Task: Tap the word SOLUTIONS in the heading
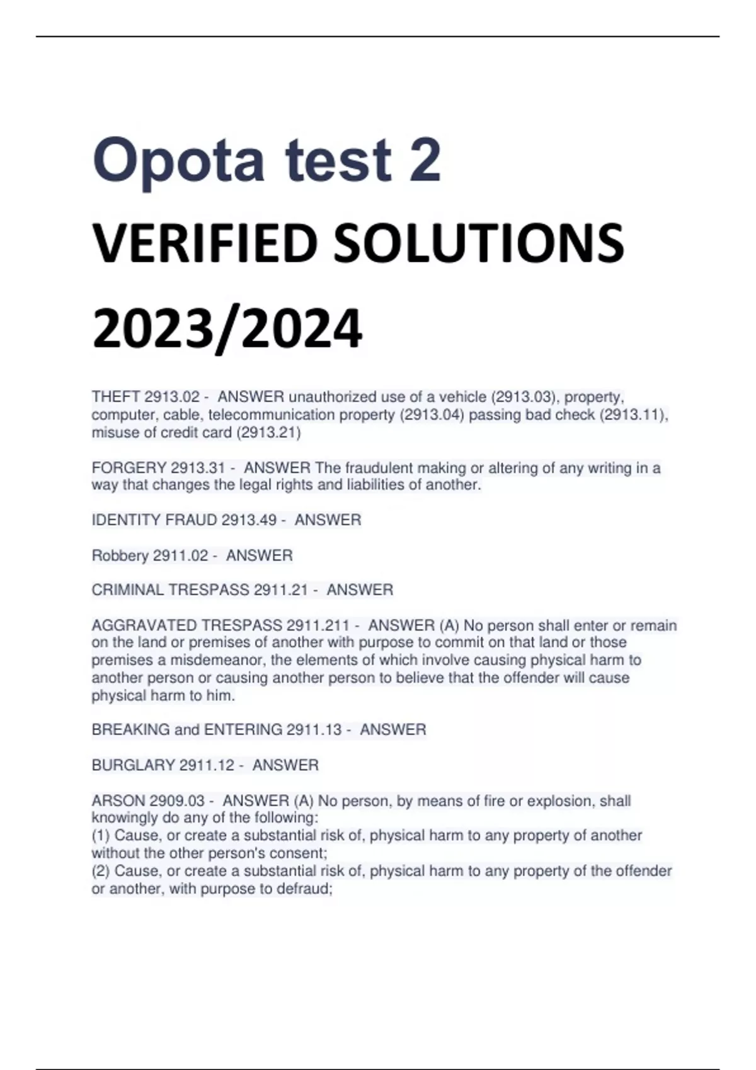(478, 244)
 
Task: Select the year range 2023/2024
(227, 329)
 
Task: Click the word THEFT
(116, 397)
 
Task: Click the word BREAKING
(131, 730)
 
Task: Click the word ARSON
(118, 801)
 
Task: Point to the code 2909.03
(177, 801)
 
